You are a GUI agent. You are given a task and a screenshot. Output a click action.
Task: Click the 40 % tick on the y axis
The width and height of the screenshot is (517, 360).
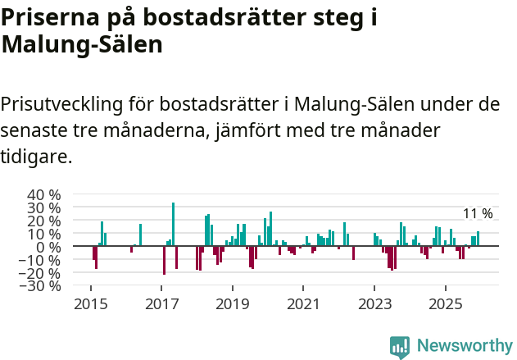44,194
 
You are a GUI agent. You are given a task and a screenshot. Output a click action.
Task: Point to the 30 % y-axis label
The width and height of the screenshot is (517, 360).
44,207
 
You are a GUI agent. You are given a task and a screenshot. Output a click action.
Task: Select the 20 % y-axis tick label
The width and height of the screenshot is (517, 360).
44,221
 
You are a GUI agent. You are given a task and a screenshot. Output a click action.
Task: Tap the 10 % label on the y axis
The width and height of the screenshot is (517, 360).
44,234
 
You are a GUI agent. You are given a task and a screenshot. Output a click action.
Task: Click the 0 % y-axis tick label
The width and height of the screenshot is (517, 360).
49,247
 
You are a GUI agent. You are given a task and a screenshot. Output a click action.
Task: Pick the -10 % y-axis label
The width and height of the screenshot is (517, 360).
42,260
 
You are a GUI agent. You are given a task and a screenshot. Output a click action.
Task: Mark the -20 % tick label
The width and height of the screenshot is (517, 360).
42,273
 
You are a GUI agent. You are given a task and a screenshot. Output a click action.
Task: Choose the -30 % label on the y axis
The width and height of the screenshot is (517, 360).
42,286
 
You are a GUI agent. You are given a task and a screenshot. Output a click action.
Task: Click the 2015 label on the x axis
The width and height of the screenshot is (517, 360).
90,303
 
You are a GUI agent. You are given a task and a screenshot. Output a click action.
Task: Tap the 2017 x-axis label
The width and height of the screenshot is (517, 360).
161,303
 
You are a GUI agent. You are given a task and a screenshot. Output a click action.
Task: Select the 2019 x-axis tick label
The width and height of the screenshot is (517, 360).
232,303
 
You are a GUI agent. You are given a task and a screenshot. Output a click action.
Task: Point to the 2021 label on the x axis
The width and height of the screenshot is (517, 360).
303,303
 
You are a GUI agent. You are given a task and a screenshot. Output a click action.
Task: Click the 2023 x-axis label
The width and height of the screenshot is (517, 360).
374,303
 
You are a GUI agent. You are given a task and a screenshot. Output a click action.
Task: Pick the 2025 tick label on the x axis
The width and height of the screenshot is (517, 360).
445,303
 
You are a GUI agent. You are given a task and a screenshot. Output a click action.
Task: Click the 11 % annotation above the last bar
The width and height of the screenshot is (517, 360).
478,214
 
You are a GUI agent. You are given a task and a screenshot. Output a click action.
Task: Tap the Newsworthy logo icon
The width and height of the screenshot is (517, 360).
400,346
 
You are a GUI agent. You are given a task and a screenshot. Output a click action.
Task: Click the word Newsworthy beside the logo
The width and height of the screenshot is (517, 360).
465,346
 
